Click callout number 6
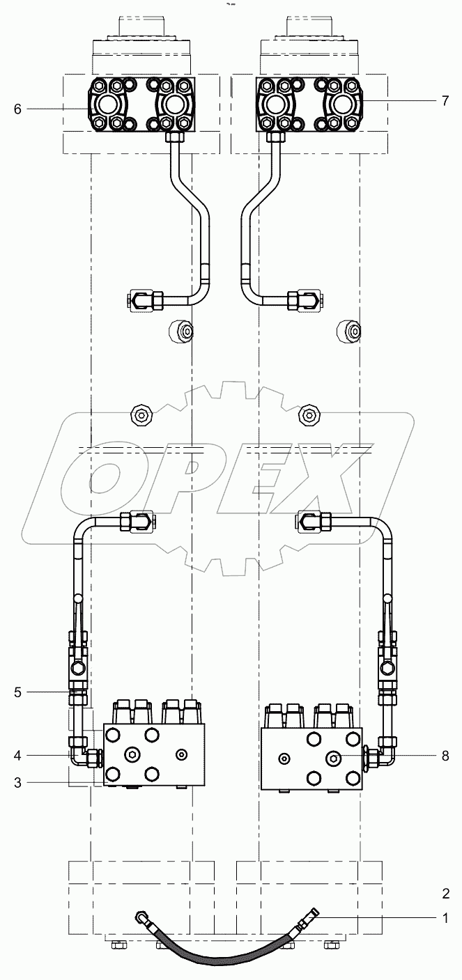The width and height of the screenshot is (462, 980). [x=17, y=109]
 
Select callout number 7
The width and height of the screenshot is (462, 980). [x=445, y=101]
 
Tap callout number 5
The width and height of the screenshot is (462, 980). [x=17, y=692]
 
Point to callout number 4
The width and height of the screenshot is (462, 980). [x=17, y=754]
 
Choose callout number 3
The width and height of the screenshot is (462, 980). [x=17, y=782]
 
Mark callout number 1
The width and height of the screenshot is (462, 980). [x=445, y=919]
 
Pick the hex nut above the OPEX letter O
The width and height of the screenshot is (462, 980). [x=141, y=417]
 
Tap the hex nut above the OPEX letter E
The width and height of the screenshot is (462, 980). [x=308, y=417]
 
